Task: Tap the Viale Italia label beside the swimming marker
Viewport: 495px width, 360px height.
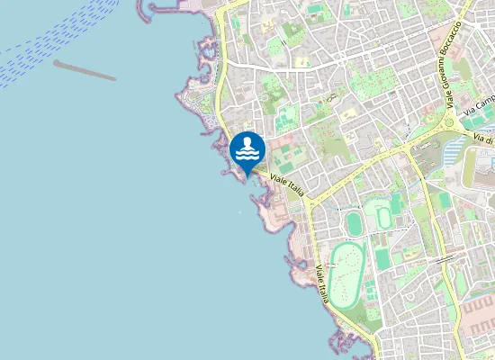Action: [287, 182]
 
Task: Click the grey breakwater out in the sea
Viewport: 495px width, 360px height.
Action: [85, 70]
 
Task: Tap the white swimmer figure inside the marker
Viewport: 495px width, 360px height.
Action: [247, 146]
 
